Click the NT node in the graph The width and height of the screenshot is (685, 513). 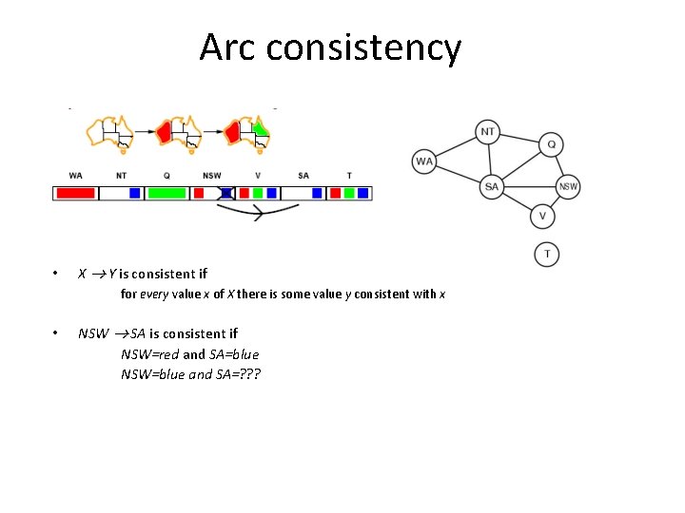(487, 132)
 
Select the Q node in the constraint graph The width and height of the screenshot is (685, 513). (551, 144)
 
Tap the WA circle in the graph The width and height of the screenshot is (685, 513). (424, 161)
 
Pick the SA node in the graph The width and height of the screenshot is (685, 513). (492, 186)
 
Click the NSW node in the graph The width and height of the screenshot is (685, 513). (567, 186)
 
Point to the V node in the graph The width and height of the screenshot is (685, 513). (542, 217)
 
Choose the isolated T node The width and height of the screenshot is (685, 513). (546, 255)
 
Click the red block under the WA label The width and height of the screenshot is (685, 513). (76, 193)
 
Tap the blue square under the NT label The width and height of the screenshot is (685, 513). (135, 193)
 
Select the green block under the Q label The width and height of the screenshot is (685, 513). (167, 193)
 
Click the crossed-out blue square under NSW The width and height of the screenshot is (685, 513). (226, 193)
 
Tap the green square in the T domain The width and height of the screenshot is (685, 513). (349, 193)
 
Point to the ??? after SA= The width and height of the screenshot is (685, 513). (248, 374)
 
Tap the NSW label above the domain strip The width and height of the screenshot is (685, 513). (211, 176)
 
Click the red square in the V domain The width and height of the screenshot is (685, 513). (245, 193)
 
